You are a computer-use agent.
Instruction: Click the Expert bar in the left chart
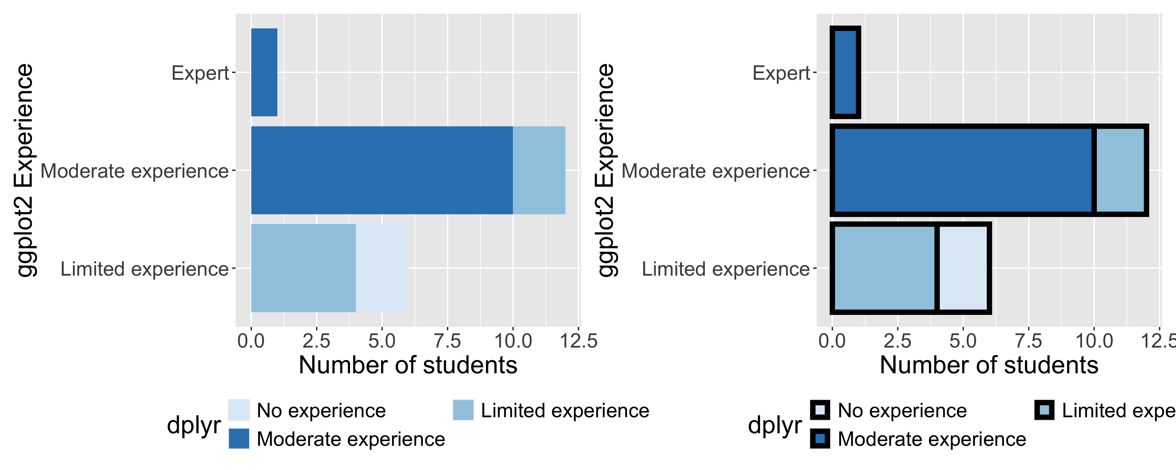pos(264,72)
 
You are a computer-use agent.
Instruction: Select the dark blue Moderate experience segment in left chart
pos(382,170)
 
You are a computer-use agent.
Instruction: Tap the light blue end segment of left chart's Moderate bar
pos(539,170)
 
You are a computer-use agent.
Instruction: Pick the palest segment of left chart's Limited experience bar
pos(382,268)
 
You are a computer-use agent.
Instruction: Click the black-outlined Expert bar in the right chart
pos(845,72)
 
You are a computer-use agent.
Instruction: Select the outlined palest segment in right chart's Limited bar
pos(963,268)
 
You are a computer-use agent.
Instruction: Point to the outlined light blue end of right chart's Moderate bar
pos(1120,170)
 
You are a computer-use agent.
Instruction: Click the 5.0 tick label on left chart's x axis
pos(382,341)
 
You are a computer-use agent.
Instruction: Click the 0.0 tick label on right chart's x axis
pos(832,341)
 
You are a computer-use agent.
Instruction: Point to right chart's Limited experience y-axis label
pos(725,269)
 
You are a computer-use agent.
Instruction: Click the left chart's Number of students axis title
pos(408,365)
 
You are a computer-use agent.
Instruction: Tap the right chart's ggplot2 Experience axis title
pos(606,170)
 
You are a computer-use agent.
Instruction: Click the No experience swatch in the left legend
pos(239,410)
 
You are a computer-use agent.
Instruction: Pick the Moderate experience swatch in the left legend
pos(239,439)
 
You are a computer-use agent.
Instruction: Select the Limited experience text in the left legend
pos(565,411)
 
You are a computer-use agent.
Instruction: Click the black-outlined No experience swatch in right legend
pos(820,410)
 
